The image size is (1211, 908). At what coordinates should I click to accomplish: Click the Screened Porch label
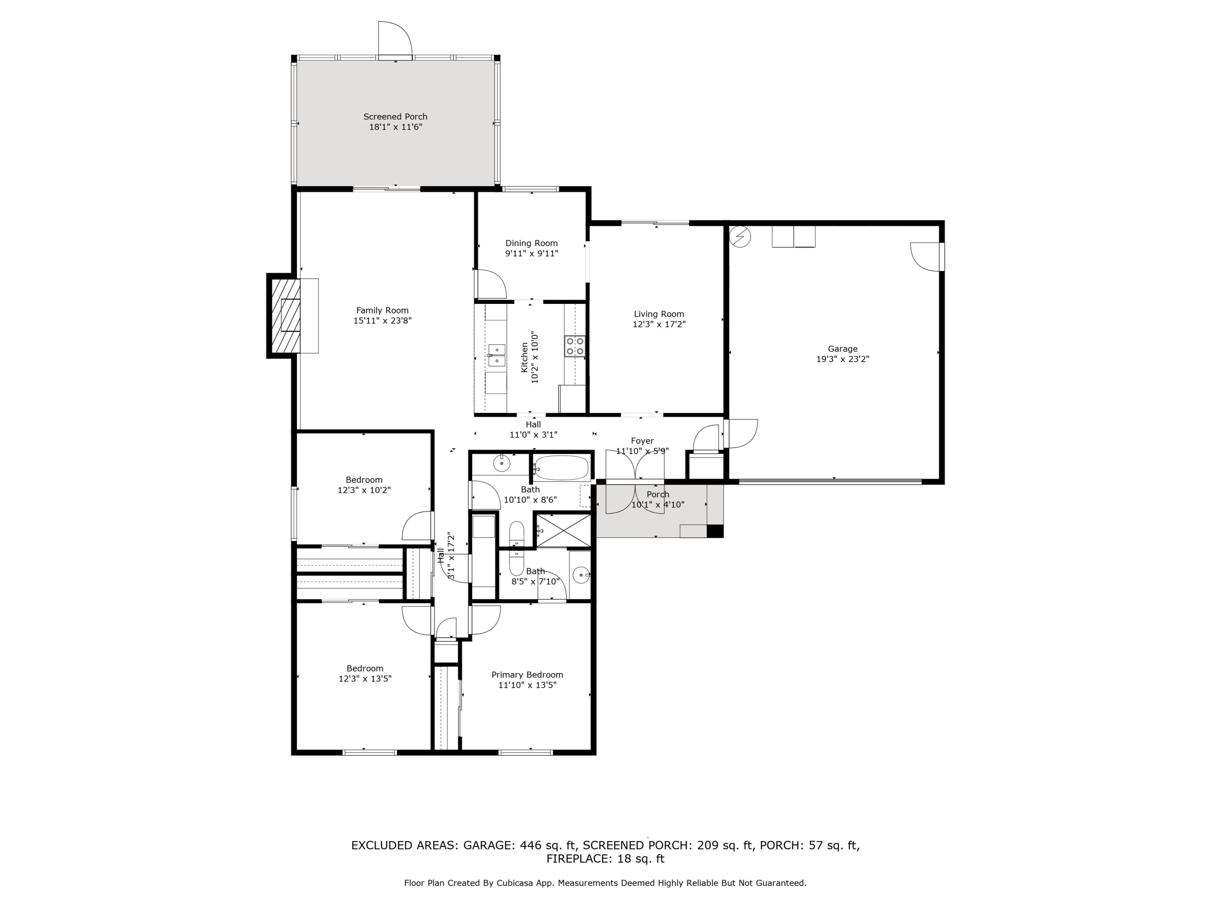click(x=395, y=117)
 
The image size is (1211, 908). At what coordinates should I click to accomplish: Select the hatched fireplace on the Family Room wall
click(x=286, y=316)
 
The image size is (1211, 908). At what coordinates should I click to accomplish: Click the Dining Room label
click(x=531, y=243)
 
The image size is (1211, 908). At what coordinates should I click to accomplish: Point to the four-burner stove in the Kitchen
click(x=575, y=346)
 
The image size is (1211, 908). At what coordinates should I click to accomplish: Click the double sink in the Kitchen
click(x=496, y=355)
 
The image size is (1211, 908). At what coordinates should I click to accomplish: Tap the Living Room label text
click(x=659, y=314)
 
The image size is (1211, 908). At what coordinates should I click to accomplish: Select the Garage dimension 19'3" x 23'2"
click(x=842, y=359)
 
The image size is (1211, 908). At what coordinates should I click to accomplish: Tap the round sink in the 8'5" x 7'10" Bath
click(x=581, y=575)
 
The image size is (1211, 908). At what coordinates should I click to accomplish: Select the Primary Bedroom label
click(x=527, y=675)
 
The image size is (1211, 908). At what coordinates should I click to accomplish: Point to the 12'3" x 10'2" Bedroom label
click(x=364, y=480)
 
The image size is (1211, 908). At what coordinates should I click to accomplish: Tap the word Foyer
click(x=642, y=441)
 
